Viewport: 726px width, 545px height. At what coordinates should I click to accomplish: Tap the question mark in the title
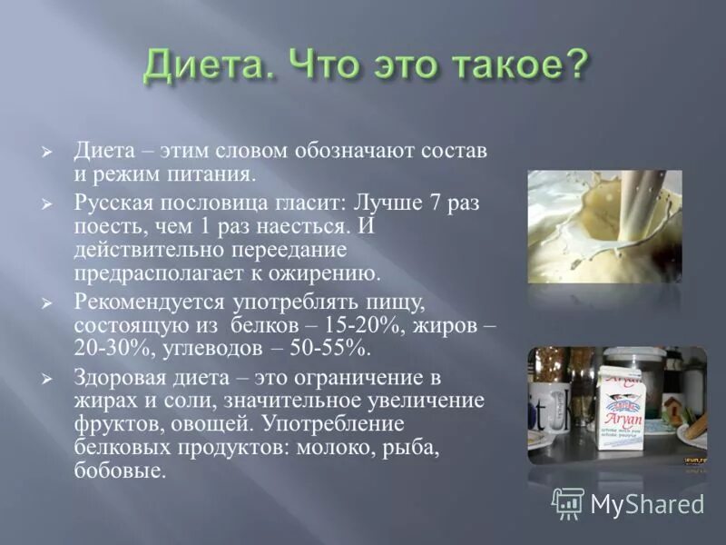[x=573, y=66]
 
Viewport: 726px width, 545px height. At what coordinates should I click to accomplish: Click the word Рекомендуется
[x=144, y=301]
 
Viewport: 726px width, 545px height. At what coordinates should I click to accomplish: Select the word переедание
[x=287, y=249]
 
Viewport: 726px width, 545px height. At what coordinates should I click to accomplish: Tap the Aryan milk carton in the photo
[x=619, y=407]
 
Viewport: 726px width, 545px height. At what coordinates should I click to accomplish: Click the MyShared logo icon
[x=567, y=501]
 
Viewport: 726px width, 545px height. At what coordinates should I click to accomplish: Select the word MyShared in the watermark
[x=648, y=503]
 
